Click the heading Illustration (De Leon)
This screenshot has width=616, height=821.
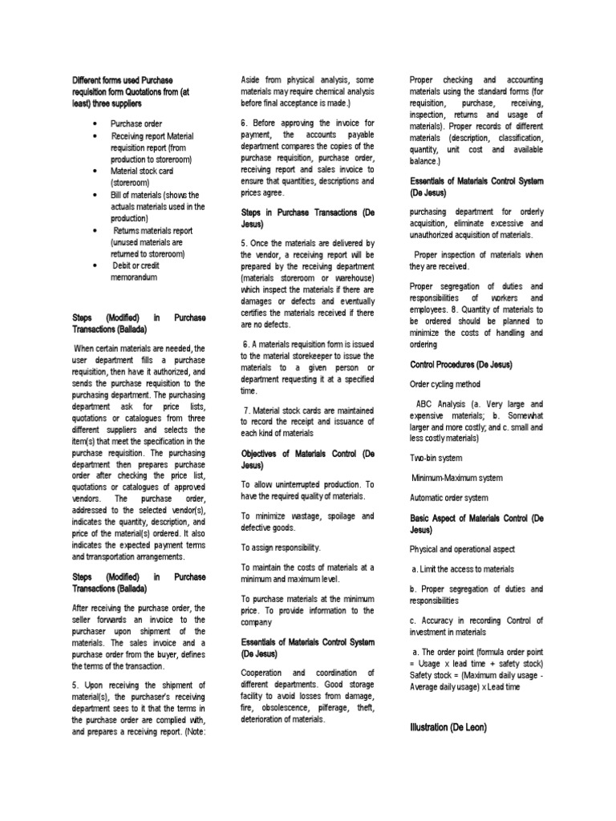pos(448,726)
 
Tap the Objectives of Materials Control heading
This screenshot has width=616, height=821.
pos(308,459)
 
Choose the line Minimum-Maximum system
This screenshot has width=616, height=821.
pos(457,478)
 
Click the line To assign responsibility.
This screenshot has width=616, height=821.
pos(281,547)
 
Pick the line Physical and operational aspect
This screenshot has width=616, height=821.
pos(463,549)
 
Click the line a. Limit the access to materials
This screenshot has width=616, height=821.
pos(464,569)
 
